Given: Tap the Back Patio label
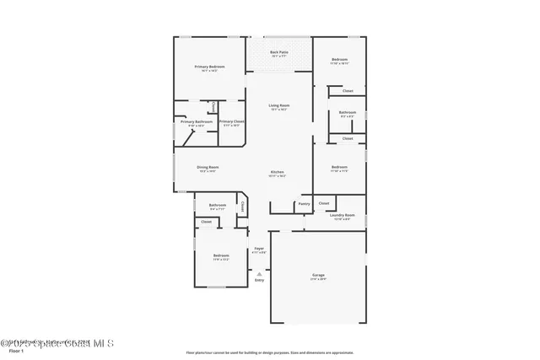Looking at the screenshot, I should pos(279,53).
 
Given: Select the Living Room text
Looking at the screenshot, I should pos(279,105).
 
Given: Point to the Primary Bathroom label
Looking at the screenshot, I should pos(197,122).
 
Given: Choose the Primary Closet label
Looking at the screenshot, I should pos(232,122).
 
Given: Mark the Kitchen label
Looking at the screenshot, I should pos(278,172).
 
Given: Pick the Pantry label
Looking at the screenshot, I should pos(304,204).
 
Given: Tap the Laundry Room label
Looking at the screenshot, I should pos(343,215).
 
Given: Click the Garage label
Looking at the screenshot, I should pos(318,276).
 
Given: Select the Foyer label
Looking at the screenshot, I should pos(259,248).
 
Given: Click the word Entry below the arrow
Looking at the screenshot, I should pos(259,280).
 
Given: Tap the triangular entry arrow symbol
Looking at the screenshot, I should pos(259,273).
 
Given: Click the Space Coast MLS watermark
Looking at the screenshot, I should pos(57,343).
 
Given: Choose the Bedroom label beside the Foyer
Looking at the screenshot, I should pos(221,255).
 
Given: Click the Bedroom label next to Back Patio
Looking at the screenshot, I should pos(339,60).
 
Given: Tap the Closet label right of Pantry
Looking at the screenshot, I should pos(324,203).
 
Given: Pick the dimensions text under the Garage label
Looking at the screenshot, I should pos(318,280).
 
